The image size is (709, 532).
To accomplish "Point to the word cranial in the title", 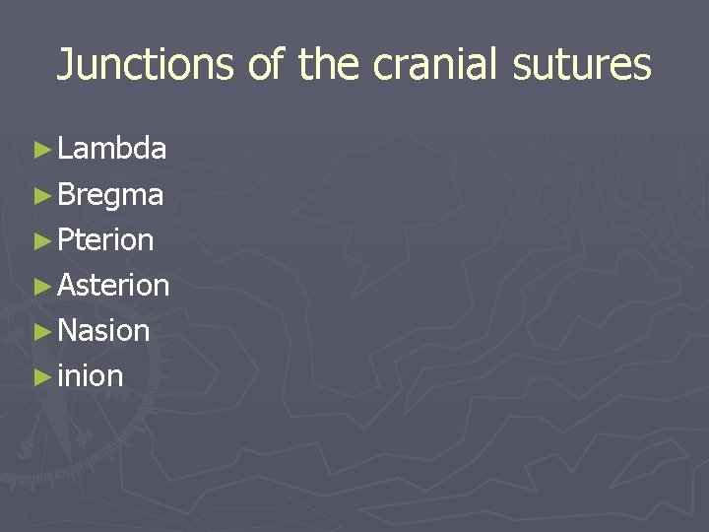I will point(446,65).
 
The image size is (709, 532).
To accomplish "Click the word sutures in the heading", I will point(592,65).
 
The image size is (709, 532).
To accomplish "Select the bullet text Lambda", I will point(111,149).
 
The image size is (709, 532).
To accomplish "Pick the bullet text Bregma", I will point(110,195).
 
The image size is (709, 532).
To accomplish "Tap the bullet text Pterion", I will point(105,239).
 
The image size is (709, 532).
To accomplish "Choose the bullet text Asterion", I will point(113,285).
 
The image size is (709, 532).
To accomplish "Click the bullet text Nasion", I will point(103,330).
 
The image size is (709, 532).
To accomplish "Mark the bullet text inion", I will point(91,375).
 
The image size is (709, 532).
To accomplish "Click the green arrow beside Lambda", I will point(40,150).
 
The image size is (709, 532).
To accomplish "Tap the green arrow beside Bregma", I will point(40,195).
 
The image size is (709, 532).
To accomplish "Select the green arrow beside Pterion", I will point(40,240).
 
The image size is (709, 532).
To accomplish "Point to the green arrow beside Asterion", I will point(40,286).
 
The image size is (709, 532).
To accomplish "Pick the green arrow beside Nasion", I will point(40,331).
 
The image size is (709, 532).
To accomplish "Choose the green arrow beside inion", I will point(40,376).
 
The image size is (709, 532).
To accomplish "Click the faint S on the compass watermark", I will point(24,449).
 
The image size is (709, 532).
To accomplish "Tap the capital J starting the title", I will point(66,65).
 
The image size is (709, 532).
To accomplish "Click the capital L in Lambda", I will point(65,149).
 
